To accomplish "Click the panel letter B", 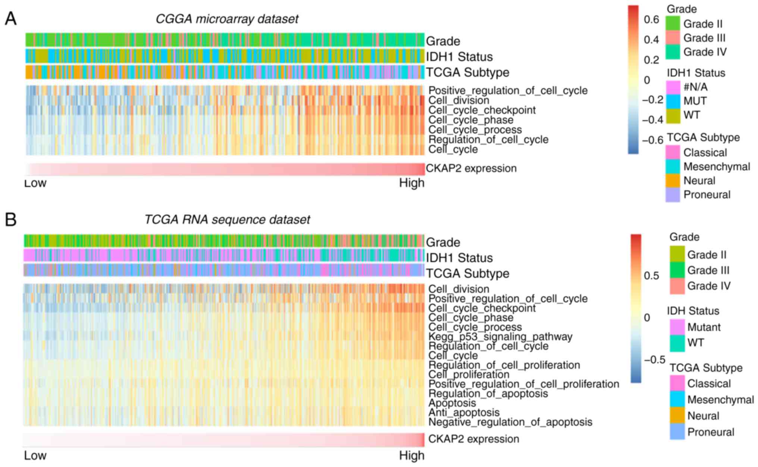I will pos(10,220).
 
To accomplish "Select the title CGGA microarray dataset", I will pos(227,19).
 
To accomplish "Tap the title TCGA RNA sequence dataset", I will pos(227,220).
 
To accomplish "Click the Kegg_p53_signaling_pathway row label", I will pos(500,337).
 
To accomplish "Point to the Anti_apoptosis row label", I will pos(464,412).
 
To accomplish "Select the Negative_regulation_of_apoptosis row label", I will pos(510,422).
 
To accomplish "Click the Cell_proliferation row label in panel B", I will pos(469,374).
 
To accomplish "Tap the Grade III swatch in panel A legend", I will pos(673,38).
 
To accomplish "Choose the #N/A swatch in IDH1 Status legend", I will pos(673,87).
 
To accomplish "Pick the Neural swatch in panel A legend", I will pos(673,181).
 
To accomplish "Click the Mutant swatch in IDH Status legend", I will pos(677,327).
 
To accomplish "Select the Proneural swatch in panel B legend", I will pos(677,432).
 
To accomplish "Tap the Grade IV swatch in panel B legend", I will pos(677,286).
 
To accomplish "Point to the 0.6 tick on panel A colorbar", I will pos(651,19).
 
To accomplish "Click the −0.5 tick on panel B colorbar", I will pos(654,359).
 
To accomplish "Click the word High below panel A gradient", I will pos(412,183).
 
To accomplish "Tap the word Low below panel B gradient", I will pos(35,455).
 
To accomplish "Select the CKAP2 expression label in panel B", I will pos(473,439).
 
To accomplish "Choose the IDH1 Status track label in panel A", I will pos(459,57).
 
